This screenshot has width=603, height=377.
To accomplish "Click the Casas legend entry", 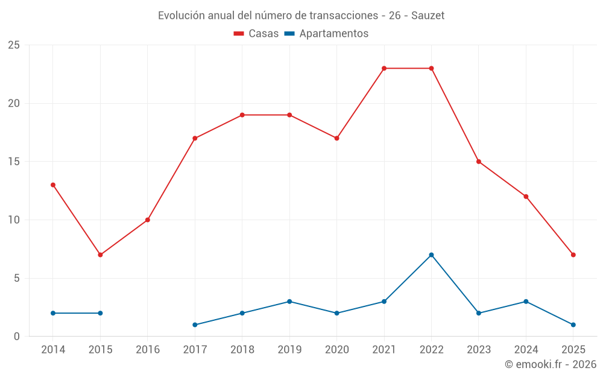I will (256, 34).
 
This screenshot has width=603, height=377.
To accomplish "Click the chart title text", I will (301, 16).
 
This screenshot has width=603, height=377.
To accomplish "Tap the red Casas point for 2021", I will (384, 68).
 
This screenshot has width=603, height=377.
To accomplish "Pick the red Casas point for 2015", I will (100, 255).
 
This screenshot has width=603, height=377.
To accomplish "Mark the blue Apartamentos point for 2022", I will (431, 255).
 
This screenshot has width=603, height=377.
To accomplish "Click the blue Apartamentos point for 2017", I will (195, 325).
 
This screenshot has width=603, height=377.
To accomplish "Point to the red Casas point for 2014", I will (53, 185).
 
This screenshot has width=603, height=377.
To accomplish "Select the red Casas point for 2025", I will (573, 255).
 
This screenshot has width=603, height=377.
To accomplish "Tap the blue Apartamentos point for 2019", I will (289, 302).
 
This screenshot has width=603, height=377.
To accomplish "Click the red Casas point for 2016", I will (148, 220).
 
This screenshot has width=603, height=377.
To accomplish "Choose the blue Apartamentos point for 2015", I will (100, 313).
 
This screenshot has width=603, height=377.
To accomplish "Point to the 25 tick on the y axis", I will (13, 45).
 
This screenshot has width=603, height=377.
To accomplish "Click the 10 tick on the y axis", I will (13, 220).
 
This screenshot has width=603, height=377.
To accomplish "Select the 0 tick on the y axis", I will (16, 337).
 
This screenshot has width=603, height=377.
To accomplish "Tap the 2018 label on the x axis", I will (242, 350).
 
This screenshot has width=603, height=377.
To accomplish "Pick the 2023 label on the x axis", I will (479, 350).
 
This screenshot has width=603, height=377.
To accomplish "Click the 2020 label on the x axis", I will (336, 350).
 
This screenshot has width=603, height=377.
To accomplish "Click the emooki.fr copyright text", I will (550, 364).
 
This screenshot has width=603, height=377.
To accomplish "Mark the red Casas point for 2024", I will (526, 197).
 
